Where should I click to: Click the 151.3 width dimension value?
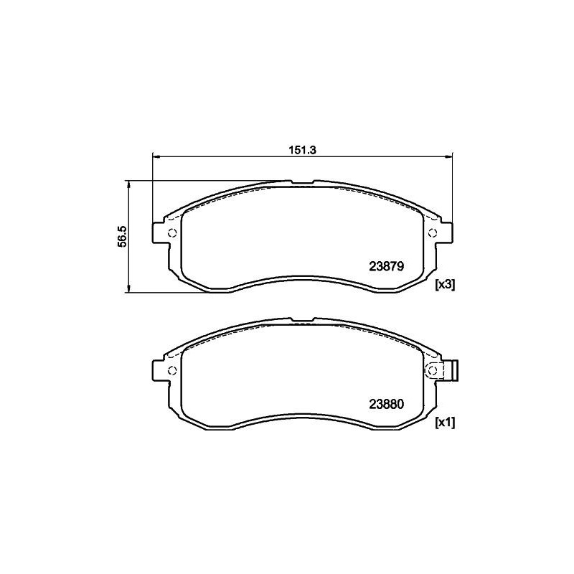point(303,150)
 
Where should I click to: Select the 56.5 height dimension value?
point(122,236)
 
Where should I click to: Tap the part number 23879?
point(387,265)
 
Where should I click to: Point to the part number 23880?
point(387,403)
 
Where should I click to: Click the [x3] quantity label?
point(445,285)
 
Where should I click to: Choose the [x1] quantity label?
point(445,423)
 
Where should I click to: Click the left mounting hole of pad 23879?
point(171,232)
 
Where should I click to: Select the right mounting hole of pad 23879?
point(433,232)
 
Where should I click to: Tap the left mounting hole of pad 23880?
point(171,370)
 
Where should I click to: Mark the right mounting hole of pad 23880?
point(433,370)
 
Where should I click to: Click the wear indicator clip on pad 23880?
point(452,370)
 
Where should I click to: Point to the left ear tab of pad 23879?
point(159,232)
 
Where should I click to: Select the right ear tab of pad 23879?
point(446,232)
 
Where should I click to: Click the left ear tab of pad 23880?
point(159,370)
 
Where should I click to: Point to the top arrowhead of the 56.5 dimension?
point(128,184)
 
